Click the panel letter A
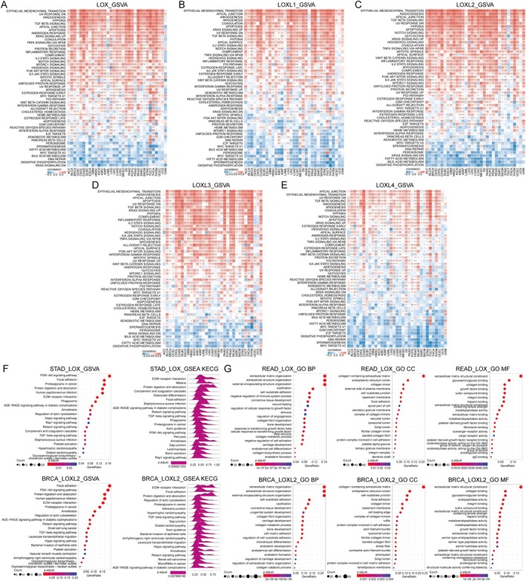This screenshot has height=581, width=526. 4,4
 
